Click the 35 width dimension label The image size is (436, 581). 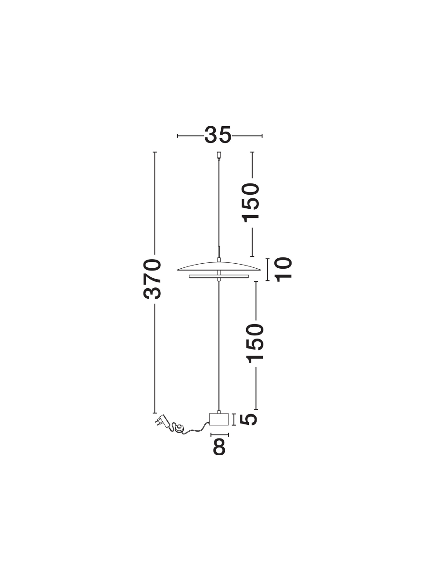[218, 135]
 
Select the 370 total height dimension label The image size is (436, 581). [152, 279]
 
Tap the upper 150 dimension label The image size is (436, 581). [250, 202]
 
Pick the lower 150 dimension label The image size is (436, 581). [255, 343]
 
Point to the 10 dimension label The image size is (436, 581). [283, 270]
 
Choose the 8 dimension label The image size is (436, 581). [219, 448]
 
